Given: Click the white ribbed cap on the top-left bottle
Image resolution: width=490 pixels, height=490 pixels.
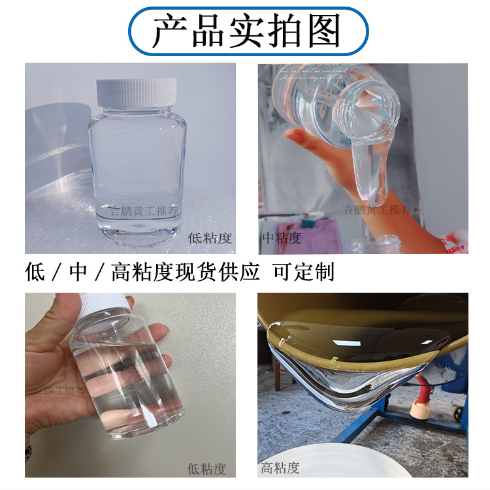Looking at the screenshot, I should [137, 91].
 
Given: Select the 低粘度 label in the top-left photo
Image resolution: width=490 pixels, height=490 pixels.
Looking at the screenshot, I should [209, 239].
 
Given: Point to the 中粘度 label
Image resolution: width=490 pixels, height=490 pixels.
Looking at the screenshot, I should [282, 239].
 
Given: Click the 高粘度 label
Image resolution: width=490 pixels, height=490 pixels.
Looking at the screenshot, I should [280, 468].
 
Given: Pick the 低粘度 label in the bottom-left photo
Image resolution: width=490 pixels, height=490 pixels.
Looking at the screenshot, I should [206, 468].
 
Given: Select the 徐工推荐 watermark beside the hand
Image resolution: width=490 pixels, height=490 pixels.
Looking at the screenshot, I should [64, 391].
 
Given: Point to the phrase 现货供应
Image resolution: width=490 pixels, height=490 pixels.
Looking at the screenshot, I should [216, 271].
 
